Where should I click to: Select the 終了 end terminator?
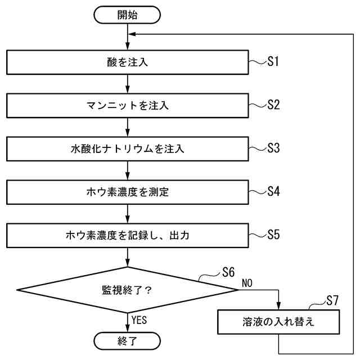pos(128,340)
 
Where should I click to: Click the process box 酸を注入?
pos(128,62)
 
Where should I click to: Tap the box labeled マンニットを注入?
pos(128,105)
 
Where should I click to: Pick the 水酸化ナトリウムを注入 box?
pos(128,149)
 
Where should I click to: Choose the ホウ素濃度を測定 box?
pos(128,192)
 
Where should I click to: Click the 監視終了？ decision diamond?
pos(128,290)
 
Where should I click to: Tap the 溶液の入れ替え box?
pos(279,323)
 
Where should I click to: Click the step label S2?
pos(273,105)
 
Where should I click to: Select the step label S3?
pos(273,148)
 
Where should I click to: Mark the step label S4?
pos(273,191)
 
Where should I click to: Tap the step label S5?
pos(273,235)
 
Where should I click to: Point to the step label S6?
pos(228,273)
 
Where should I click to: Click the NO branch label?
pos(247,283)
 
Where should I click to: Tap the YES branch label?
pos(139,320)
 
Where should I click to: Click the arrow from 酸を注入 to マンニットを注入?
pos(128,84)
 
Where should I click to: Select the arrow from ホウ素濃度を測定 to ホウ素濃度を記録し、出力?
pos(128,214)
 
